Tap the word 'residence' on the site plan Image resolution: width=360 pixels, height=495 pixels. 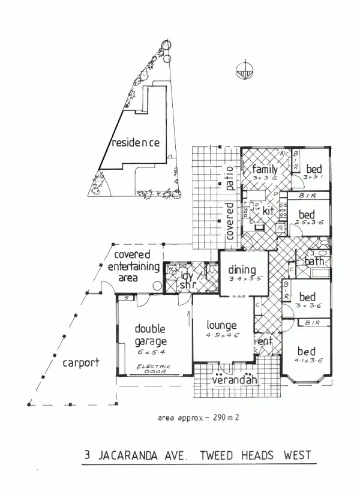point(136,143)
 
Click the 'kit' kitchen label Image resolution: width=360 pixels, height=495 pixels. point(268,212)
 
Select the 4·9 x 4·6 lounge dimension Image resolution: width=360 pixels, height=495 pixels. point(222,335)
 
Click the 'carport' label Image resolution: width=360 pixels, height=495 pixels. point(79,363)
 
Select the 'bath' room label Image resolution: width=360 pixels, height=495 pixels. point(314,262)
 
